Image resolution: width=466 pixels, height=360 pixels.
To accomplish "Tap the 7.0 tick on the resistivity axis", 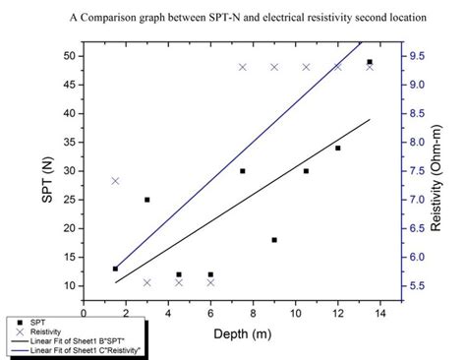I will click(418, 200).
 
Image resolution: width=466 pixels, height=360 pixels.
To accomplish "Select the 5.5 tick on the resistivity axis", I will click(418, 286).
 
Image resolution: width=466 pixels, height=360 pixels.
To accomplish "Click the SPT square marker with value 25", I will click(147, 200).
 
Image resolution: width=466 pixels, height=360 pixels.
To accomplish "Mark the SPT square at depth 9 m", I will click(274, 240).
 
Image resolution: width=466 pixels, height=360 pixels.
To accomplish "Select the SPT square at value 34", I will click(338, 148).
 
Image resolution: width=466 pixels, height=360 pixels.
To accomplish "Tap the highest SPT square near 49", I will click(370, 62).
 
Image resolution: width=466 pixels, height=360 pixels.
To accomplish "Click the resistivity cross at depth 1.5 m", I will click(115, 181).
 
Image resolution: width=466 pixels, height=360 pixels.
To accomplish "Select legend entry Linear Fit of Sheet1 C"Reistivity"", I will click(79, 350).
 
